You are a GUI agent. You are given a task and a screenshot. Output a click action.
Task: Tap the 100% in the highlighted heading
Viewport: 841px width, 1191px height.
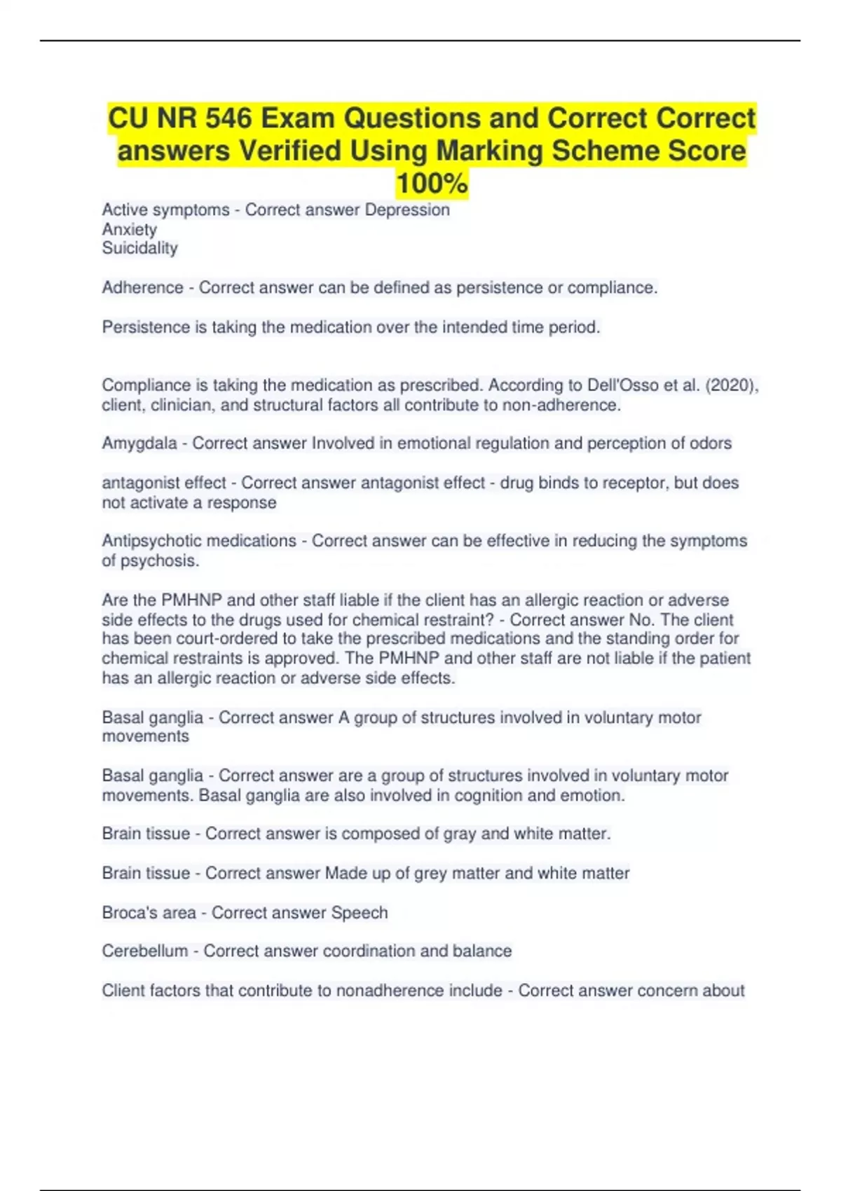(432, 184)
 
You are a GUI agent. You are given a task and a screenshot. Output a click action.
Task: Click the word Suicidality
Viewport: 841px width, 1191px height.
(139, 248)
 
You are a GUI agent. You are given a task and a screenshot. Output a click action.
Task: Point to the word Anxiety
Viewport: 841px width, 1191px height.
(129, 229)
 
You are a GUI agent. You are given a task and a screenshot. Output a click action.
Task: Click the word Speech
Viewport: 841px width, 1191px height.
(359, 912)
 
